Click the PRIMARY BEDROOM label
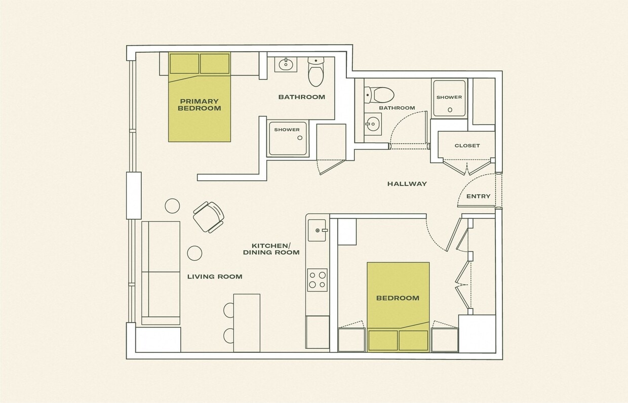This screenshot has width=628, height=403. coord(199,105)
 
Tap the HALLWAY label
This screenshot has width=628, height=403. coord(407,184)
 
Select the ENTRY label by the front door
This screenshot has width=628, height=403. coord(478,196)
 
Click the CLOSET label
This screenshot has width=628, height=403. coord(467,146)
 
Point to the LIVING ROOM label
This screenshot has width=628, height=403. coord(215,276)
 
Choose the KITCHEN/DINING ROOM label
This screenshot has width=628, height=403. coord(271,249)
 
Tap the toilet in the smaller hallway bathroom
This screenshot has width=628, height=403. coord(380,94)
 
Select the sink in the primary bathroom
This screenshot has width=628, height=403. coord(286,64)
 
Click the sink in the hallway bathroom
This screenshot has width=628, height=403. coord(373,124)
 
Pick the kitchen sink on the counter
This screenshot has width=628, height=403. coord(319,230)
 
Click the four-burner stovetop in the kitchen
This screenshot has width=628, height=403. coord(317,279)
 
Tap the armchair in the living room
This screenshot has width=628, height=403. coord(208,217)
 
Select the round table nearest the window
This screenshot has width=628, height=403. coord(172,206)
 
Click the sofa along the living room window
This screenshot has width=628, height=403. coord(161,272)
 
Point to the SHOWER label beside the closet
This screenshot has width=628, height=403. coord(449,97)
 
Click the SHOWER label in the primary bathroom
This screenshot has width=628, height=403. coord(287,130)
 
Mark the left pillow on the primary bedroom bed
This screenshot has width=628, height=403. coord(184,64)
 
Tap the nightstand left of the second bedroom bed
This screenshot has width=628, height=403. coord(351,339)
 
